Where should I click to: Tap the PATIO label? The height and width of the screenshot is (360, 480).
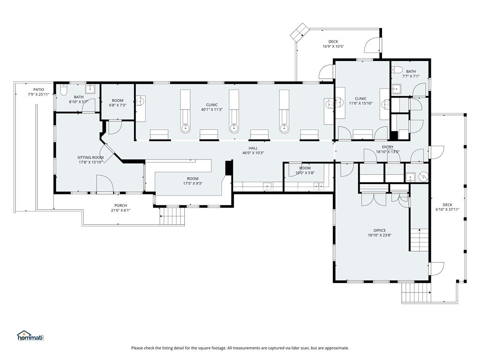click(38, 90)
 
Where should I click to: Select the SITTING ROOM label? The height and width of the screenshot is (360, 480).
click(90, 157)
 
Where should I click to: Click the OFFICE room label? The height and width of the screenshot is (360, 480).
click(380, 231)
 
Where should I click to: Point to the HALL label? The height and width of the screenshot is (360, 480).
click(253, 148)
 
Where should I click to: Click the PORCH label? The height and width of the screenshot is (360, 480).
click(120, 205)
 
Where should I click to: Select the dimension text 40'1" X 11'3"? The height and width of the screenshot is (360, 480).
click(212, 109)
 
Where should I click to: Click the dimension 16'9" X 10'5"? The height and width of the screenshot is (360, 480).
click(333, 46)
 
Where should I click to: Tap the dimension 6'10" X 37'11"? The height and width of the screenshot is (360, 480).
click(448, 210)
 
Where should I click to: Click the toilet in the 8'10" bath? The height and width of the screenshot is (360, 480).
click(64, 90)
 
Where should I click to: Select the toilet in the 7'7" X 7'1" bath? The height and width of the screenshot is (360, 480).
click(397, 70)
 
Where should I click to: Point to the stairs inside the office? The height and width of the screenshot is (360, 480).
click(419, 240)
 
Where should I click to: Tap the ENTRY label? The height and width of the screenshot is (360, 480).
click(388, 147)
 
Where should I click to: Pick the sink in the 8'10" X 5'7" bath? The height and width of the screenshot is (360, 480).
click(90, 89)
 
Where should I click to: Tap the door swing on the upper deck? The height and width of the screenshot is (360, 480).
click(372, 45)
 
